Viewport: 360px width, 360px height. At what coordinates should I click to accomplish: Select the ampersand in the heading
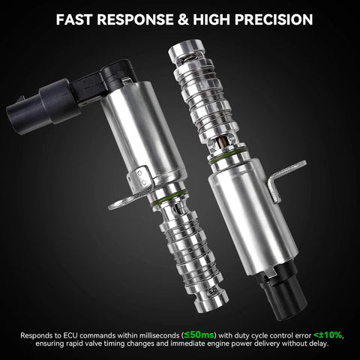[x=183, y=19]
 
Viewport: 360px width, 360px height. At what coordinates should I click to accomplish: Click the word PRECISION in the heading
[x=274, y=19]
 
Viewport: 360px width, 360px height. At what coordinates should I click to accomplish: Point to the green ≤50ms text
[x=199, y=334]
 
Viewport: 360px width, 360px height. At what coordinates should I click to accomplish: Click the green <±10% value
[x=328, y=334]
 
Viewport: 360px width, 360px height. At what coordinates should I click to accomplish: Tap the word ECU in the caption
[x=70, y=335]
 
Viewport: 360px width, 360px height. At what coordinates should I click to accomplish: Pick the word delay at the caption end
[x=318, y=343]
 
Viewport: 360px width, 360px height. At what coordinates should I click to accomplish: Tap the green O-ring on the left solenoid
[x=169, y=198]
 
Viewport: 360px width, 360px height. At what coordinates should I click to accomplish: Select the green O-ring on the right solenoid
[x=227, y=157]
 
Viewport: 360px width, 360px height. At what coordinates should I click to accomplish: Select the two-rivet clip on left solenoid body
[x=140, y=178]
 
